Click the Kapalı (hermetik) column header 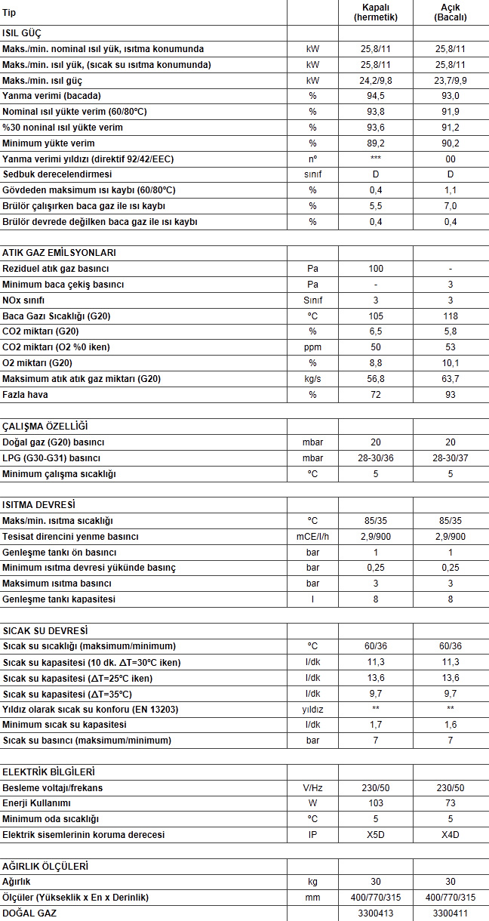tap(375, 12)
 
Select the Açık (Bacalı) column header tap(451, 12)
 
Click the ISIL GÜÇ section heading tap(22, 33)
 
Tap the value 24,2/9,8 tap(375, 80)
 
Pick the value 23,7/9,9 tap(451, 80)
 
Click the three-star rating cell tap(375, 159)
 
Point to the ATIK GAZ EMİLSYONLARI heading tap(59, 253)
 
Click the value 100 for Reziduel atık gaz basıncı tap(375, 269)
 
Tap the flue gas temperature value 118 tap(451, 316)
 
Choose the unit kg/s tap(312, 379)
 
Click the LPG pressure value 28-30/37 tap(451, 458)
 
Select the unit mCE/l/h tap(312, 537)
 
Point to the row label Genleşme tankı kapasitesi tap(60, 599)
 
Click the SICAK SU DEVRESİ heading tap(45, 630)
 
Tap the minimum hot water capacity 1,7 tap(375, 725)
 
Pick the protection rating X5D tap(375, 835)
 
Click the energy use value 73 tap(451, 803)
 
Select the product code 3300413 tap(375, 913)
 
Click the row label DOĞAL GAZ tap(29, 913)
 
